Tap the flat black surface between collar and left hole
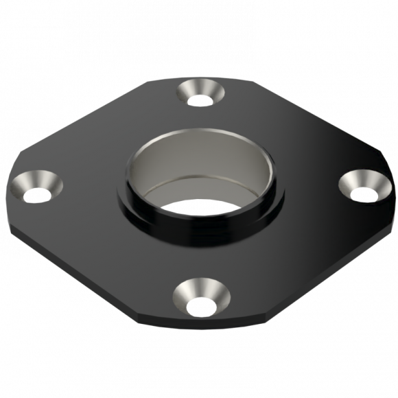tap(89, 192)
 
